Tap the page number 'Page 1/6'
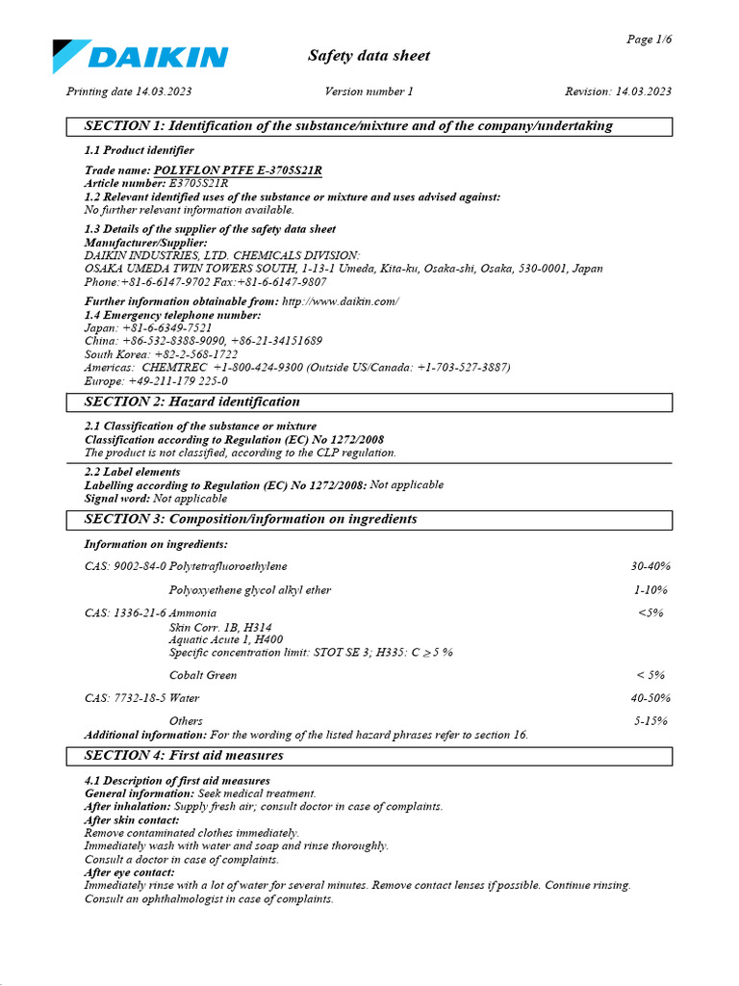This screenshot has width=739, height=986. tap(649, 39)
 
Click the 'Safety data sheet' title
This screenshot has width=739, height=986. tap(369, 56)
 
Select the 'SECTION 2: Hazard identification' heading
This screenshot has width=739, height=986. tap(192, 402)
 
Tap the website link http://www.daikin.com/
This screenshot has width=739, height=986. tap(340, 301)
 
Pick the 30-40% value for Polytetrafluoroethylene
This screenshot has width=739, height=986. tap(650, 566)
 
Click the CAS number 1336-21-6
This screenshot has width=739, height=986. tap(140, 612)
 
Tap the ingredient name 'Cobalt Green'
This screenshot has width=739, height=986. tap(202, 675)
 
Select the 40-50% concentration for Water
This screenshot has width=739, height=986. tap(650, 698)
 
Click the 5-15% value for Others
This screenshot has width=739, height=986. tap(650, 720)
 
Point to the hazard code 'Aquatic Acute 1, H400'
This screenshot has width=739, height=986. tap(226, 639)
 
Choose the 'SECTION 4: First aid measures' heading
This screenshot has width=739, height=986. tap(184, 756)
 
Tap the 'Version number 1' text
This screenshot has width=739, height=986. tap(369, 91)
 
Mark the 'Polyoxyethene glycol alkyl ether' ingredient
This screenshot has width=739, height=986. tap(250, 589)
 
